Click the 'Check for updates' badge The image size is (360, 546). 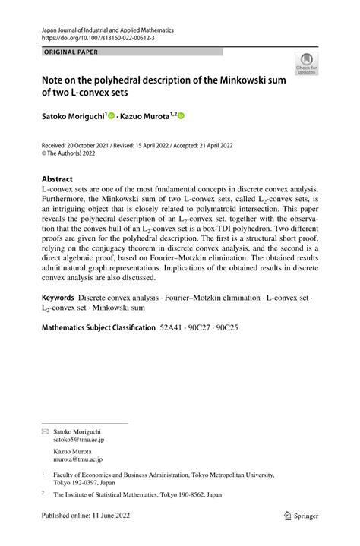click(x=306, y=64)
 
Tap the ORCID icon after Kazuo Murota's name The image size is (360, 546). click(x=182, y=116)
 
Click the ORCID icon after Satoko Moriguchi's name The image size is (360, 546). click(x=111, y=116)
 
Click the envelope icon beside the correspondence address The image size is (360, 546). click(x=44, y=431)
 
